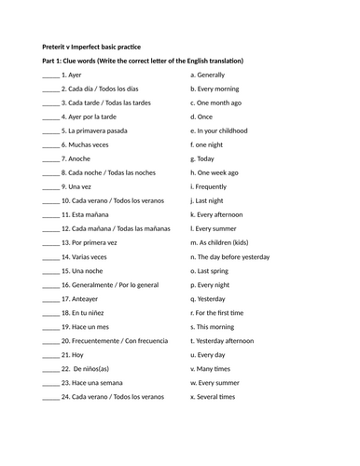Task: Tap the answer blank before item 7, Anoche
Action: coord(50,159)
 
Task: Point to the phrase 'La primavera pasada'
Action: coord(99,131)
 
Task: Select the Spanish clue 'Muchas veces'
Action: coord(89,145)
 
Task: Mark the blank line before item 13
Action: coord(50,241)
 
